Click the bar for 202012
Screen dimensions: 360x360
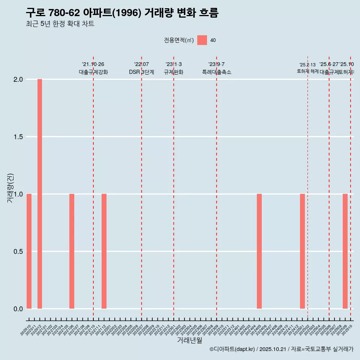[40, 194]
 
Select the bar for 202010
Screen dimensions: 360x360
[29, 251]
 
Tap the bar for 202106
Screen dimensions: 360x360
[72, 251]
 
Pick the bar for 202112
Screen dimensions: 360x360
[104, 251]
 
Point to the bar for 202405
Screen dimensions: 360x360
[259, 251]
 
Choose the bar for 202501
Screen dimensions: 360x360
[302, 251]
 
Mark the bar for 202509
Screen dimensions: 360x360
[345, 251]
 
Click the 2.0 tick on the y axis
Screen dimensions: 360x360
[18, 79]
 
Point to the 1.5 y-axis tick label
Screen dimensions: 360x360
[18, 137]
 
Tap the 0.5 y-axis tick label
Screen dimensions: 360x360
[18, 251]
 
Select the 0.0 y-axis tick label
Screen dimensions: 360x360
[18, 309]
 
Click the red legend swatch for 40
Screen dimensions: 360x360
[202, 40]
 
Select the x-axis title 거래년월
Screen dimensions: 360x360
[189, 340]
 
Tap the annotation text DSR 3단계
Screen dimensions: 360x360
[141, 72]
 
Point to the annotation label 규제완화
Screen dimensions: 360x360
[173, 72]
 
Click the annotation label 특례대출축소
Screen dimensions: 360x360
[216, 72]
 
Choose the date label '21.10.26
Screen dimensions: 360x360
[93, 64]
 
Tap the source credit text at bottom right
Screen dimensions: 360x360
[281, 349]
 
